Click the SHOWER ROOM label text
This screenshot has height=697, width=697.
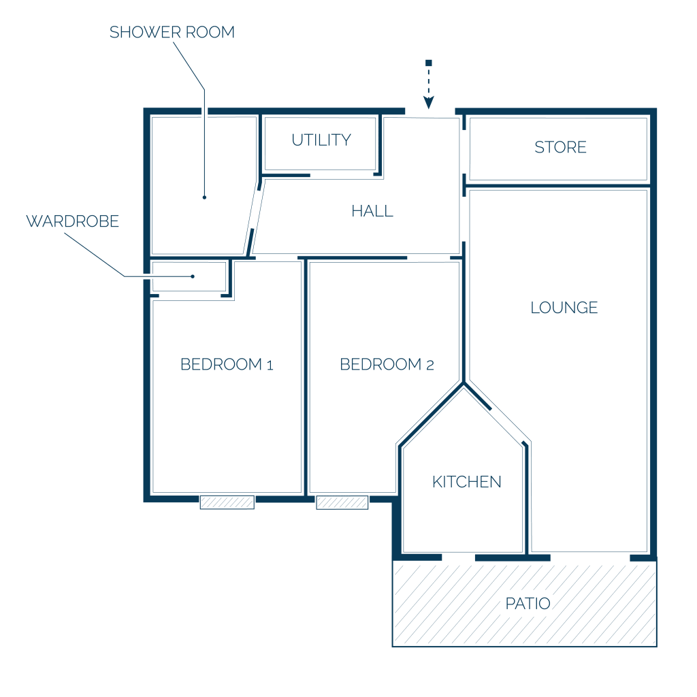point(172,32)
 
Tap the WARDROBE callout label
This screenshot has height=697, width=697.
point(72,221)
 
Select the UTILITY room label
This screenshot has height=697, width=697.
point(321,140)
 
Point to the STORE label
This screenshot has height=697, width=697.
point(560,147)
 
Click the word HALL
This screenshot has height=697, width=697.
point(372,211)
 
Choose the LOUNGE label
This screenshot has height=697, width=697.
point(564,307)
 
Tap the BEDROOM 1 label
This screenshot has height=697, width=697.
point(227,365)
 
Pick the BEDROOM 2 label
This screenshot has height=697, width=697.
point(387,365)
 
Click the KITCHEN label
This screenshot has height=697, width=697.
point(467,482)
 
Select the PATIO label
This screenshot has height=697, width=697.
point(528,604)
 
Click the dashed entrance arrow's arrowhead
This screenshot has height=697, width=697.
point(429,103)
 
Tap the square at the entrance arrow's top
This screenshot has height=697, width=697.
point(429,63)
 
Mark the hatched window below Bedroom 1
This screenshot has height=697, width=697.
point(227,502)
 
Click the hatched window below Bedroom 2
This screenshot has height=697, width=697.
point(342,502)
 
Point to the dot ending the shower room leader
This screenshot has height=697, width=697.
point(204,197)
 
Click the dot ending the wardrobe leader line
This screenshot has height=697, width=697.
point(193,276)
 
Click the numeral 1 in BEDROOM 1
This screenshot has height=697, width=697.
point(270,366)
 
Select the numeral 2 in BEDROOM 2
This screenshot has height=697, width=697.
point(430,366)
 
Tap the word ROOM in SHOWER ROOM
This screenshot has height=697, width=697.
point(210,32)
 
